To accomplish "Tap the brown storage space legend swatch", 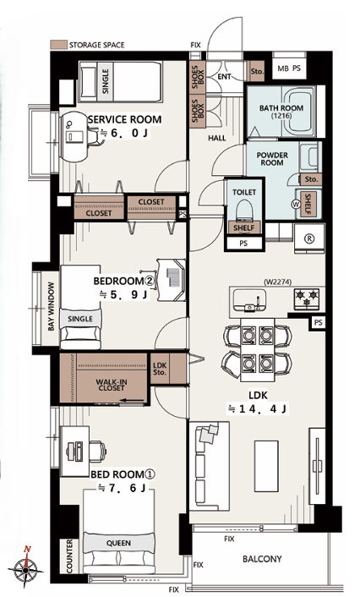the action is (x=58, y=45).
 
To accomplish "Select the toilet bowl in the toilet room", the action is (x=244, y=211).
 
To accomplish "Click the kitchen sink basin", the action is (x=249, y=299).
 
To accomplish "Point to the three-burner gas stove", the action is (x=307, y=298).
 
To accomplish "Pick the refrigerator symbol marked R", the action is (x=309, y=238).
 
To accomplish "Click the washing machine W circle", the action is (x=296, y=205).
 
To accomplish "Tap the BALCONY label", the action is (x=262, y=559).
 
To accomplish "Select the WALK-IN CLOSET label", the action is (x=111, y=385).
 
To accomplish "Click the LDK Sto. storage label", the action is (x=160, y=368).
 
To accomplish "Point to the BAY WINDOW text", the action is (x=52, y=306).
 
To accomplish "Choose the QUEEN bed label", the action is (x=118, y=544).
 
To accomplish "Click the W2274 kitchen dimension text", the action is (x=277, y=282).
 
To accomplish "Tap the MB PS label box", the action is (x=289, y=68).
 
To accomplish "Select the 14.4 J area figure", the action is (x=257, y=409).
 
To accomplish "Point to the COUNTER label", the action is (x=69, y=556).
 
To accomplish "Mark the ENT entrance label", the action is (x=224, y=77).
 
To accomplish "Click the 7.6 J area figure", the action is (x=123, y=488).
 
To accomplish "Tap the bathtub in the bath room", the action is (x=299, y=111).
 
